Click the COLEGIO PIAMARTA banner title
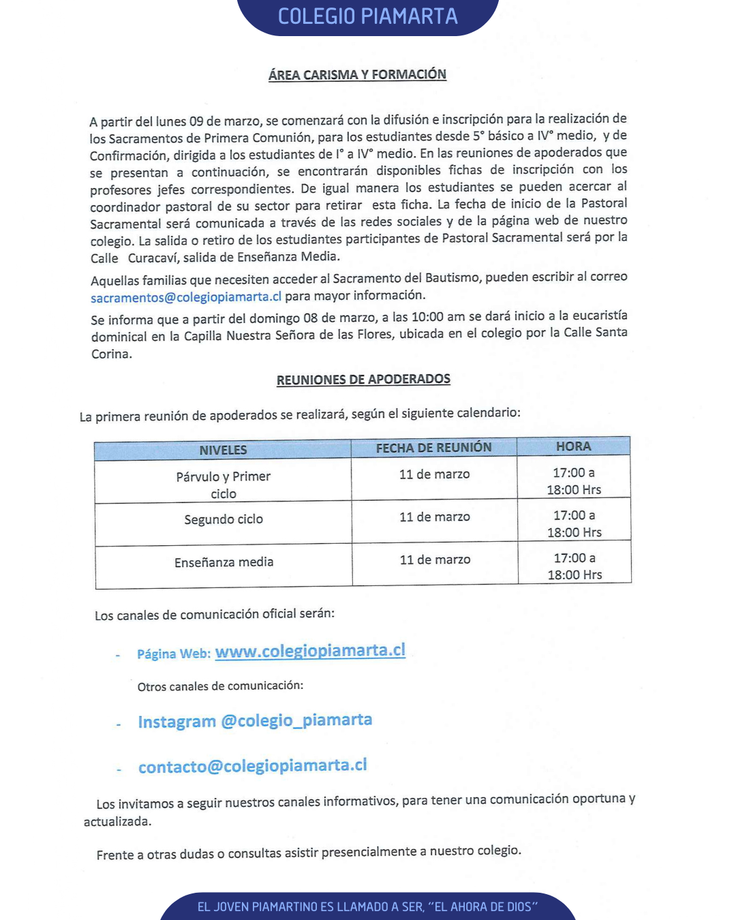[x=367, y=16]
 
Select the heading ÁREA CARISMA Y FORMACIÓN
[x=357, y=75]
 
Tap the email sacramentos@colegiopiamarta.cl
[x=186, y=297]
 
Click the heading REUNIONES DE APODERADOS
[x=363, y=380]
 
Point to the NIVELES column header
[x=223, y=450]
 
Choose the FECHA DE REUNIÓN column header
[x=433, y=448]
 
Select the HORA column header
[x=573, y=446]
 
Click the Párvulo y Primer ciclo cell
[x=224, y=485]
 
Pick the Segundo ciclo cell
[x=224, y=519]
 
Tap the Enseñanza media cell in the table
[x=224, y=562]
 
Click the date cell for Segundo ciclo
[x=435, y=517]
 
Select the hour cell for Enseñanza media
[x=574, y=566]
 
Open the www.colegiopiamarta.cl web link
[x=310, y=651]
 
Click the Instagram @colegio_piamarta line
[x=255, y=721]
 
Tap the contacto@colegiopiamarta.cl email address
[x=252, y=766]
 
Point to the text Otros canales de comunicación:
[x=220, y=686]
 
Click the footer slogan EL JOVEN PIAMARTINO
[x=367, y=907]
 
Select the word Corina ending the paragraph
[x=110, y=354]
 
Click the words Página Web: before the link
[x=174, y=654]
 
